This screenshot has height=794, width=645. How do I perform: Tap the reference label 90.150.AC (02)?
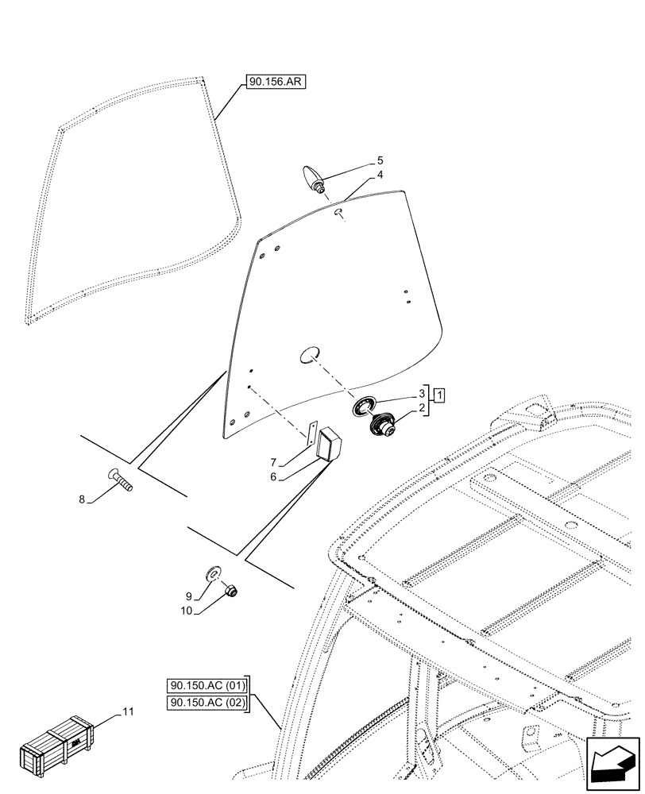tap(208, 703)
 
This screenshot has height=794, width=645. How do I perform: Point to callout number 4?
tap(380, 175)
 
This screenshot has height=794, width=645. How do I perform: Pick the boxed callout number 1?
tap(438, 395)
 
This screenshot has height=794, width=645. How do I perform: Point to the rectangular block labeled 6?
tap(329, 441)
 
